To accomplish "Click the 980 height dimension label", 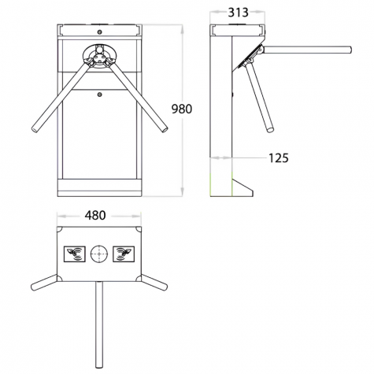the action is click(182, 109).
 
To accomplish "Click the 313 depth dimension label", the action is click(238, 13).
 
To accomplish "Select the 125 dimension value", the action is click(279, 158).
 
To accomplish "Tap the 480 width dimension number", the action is click(95, 216).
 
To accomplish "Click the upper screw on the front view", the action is click(99, 32).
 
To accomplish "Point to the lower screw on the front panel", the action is click(99, 94).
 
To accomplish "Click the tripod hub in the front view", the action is click(99, 56).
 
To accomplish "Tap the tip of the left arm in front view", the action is click(35, 129).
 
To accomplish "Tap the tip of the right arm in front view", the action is click(165, 129).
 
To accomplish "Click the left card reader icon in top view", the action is click(75, 254).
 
